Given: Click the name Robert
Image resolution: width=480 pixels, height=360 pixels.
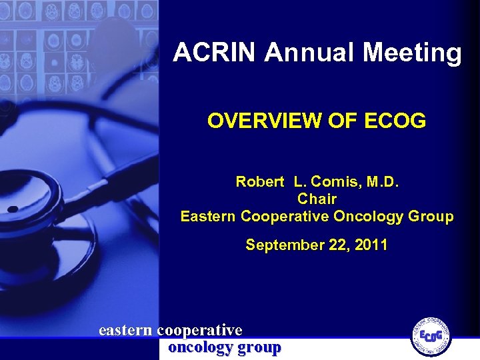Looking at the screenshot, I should [x=260, y=181].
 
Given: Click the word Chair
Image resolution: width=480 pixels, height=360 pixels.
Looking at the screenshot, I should [x=317, y=199].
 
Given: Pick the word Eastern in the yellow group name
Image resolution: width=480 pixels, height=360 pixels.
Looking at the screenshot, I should [x=208, y=217].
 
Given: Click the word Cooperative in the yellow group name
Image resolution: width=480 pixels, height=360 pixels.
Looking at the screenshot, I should [x=285, y=217].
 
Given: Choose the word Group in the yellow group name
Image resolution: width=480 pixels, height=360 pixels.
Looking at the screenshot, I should [x=433, y=217].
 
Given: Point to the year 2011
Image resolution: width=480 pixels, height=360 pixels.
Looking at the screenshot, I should [x=371, y=245].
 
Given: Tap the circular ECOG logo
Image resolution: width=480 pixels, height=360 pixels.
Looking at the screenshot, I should [x=431, y=335].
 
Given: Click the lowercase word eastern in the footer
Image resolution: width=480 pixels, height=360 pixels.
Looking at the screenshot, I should [x=125, y=330].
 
